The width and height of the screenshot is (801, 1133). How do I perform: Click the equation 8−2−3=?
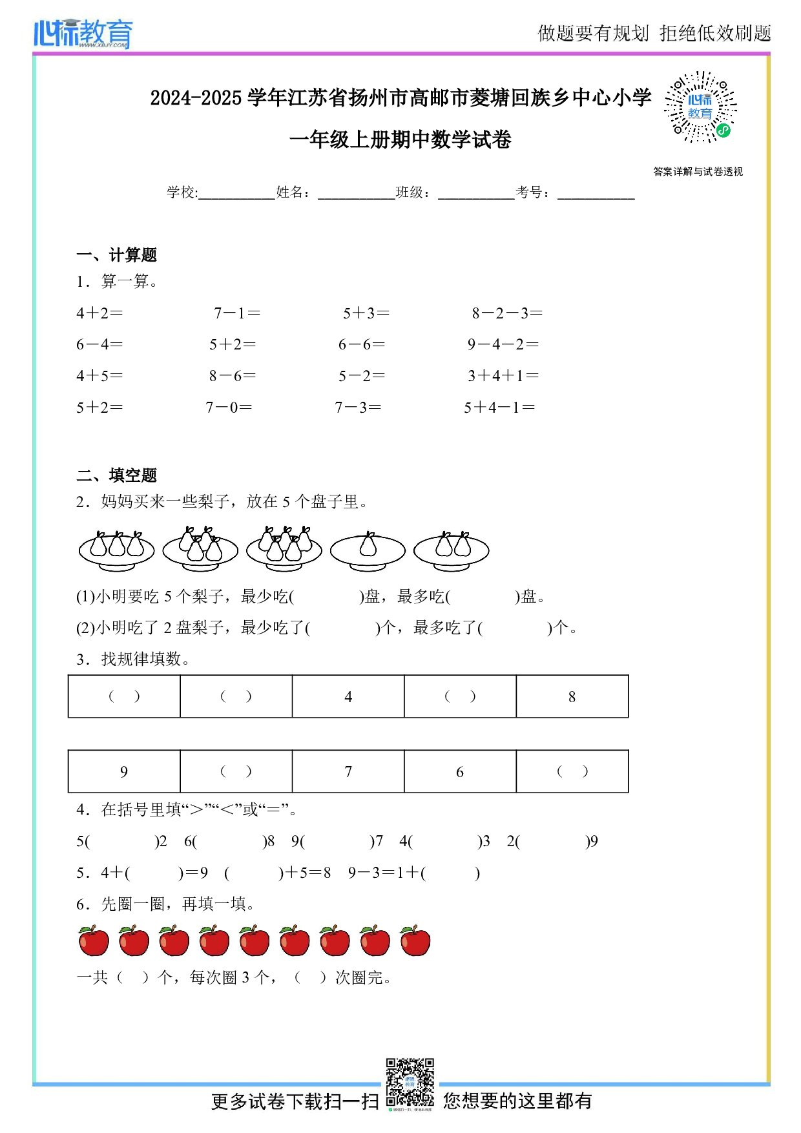[506, 313]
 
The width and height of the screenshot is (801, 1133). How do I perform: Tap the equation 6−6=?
[361, 344]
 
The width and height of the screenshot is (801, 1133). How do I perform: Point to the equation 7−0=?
[229, 408]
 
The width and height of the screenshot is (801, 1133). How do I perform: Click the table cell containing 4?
[348, 696]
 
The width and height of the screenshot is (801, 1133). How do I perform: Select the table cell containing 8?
[572, 696]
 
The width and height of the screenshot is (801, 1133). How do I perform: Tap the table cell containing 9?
[124, 771]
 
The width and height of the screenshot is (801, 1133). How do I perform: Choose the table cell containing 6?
[460, 771]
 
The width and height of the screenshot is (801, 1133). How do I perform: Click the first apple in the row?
[94, 941]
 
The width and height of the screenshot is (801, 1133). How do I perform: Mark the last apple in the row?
[415, 941]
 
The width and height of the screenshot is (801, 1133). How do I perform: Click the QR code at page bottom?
[410, 1083]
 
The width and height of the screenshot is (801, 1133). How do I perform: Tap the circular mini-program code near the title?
[700, 107]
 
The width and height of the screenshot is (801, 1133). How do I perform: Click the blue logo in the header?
[83, 34]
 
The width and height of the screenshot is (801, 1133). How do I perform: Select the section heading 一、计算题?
[116, 255]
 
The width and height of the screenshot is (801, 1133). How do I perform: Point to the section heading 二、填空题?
[116, 475]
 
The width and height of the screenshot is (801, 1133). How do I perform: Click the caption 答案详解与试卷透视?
[698, 172]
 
